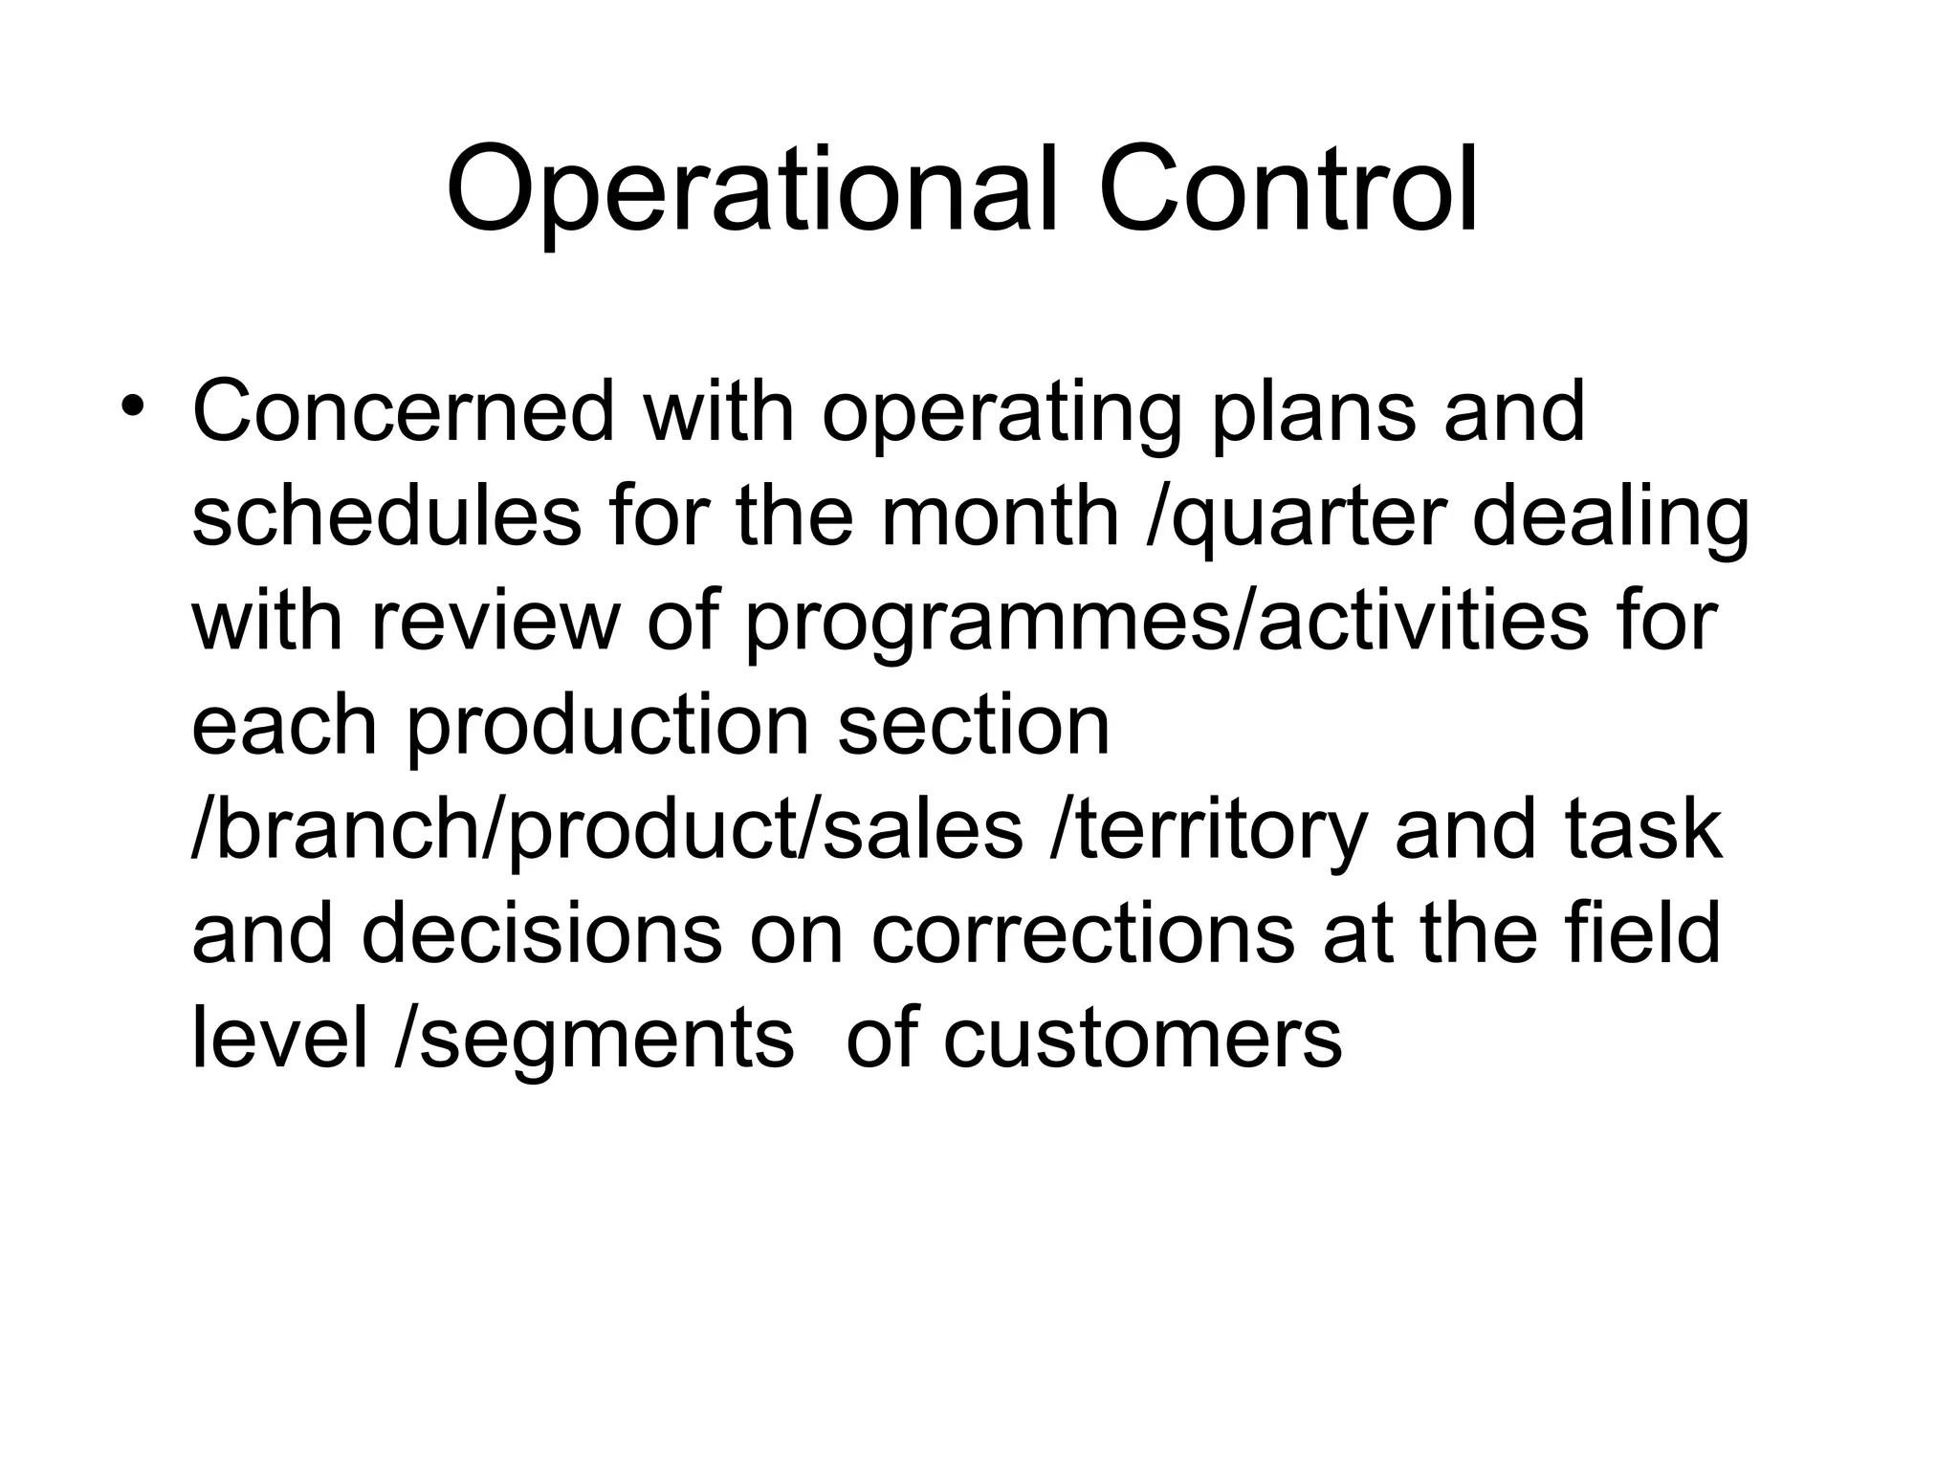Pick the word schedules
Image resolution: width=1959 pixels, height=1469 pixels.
pos(386,517)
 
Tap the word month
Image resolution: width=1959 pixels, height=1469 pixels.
pos(1001,517)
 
